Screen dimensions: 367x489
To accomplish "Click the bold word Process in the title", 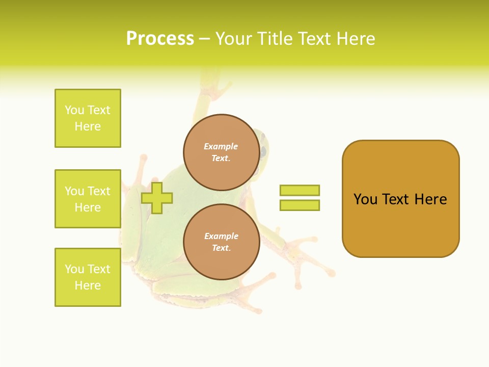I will click(160, 39).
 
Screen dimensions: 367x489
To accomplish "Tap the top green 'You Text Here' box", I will click(88, 118).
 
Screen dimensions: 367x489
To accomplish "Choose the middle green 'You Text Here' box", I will click(88, 199).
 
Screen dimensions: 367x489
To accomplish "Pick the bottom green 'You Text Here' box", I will click(88, 277).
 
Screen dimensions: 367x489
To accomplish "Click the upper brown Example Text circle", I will click(222, 152).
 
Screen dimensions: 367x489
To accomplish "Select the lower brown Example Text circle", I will click(222, 242).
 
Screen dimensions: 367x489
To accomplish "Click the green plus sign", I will click(157, 198).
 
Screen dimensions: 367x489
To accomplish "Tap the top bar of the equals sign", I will click(300, 190).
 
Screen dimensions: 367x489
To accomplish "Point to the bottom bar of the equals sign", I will click(300, 205).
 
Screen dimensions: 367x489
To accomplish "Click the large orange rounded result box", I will click(400, 199).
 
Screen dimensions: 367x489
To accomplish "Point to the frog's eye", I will click(263, 152).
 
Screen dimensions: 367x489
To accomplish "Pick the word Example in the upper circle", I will click(221, 146).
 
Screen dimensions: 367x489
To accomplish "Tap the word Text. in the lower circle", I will click(221, 248).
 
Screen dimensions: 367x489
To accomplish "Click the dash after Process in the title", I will click(204, 39).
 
